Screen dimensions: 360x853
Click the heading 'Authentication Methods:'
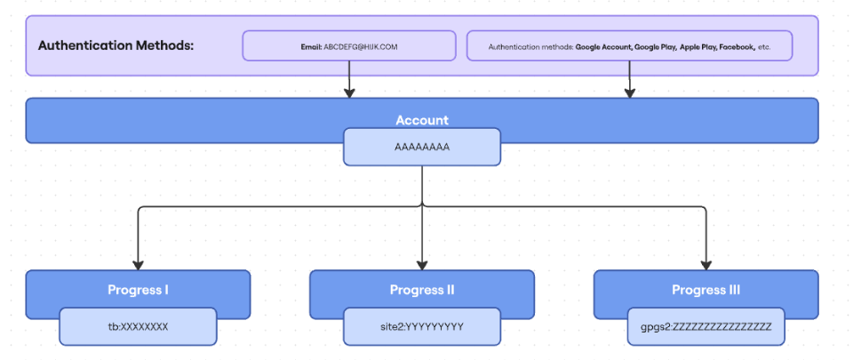point(116,45)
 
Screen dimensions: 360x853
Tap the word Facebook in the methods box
point(737,46)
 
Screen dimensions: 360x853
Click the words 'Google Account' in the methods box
point(603,46)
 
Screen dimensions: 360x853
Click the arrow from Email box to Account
point(349,80)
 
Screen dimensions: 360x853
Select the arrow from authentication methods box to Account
point(630,80)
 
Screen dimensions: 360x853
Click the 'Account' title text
point(422,120)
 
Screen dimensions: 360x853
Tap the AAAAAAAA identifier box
point(422,148)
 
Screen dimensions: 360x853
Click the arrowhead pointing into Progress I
point(138,264)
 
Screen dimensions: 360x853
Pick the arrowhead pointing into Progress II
point(422,264)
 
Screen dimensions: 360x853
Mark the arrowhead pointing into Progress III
point(706,264)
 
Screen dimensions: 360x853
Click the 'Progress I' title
point(138,290)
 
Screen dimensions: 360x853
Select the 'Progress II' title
point(422,290)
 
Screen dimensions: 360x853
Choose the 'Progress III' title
point(706,290)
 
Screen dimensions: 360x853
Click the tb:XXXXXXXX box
point(138,327)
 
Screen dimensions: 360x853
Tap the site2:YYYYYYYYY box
point(422,327)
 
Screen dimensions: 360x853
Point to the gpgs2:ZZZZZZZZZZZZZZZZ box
point(706,327)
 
